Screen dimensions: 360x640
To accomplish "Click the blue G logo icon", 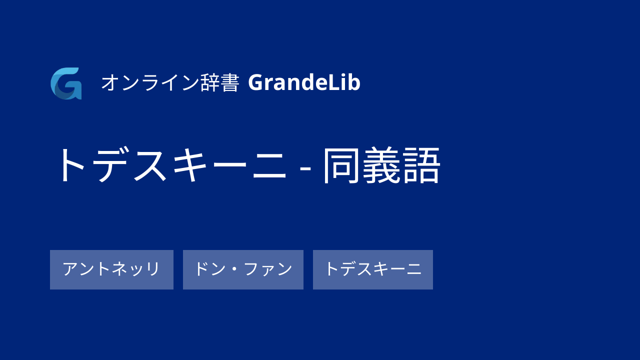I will click(66, 83).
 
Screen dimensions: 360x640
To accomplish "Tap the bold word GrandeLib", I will click(304, 82).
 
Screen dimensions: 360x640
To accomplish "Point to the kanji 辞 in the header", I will click(210, 83).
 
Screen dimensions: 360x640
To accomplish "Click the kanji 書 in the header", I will click(230, 83).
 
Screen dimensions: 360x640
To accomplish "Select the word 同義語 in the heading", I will click(381, 165).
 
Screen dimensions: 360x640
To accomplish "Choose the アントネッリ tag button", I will click(111, 269).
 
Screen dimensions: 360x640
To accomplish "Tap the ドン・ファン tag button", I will click(243, 269).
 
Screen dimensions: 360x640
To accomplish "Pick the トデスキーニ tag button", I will click(373, 269).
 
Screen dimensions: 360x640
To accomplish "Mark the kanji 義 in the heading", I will click(381, 165).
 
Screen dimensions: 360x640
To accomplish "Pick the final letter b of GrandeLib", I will click(354, 82).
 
